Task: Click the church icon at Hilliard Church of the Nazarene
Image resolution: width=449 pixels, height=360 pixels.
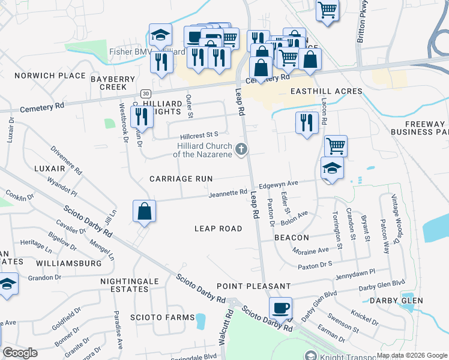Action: click(x=241, y=149)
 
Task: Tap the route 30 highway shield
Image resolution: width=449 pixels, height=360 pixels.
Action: click(x=145, y=94)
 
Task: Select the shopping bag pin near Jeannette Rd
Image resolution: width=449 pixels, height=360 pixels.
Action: click(x=145, y=211)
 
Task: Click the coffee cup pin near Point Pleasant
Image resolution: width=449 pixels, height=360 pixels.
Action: click(x=280, y=308)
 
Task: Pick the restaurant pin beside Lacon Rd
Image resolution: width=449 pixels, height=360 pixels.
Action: click(x=307, y=123)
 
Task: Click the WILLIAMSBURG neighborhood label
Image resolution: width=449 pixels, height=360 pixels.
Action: click(x=68, y=263)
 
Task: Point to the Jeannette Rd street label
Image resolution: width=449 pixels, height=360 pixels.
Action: click(x=228, y=193)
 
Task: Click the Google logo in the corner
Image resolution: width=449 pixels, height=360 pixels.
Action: click(x=20, y=353)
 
